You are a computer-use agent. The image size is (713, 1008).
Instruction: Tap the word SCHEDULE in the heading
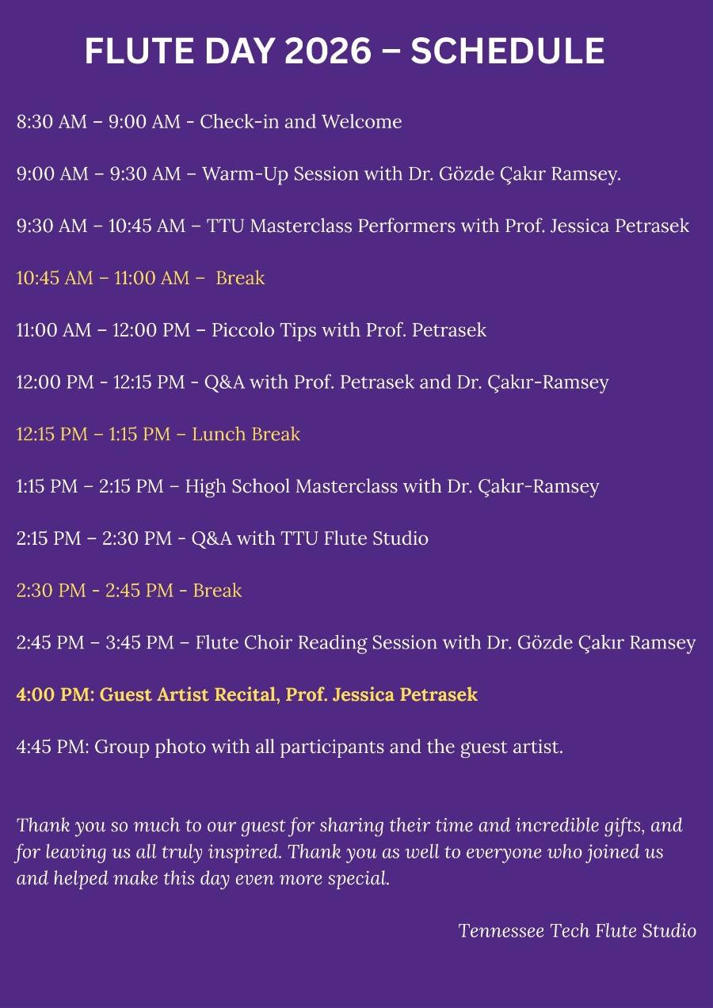pos(507,52)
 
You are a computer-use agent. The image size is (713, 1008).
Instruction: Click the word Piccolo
pos(242,330)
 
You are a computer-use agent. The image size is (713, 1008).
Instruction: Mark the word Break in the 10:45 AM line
pos(240,279)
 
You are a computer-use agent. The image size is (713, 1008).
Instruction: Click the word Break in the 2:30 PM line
pos(217,591)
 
